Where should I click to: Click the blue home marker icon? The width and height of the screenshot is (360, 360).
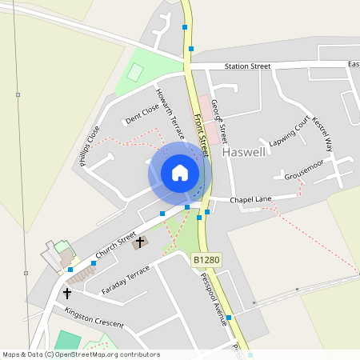click(x=180, y=173)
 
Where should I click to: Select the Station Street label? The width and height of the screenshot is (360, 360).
click(x=248, y=66)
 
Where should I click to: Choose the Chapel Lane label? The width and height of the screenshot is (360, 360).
click(x=253, y=199)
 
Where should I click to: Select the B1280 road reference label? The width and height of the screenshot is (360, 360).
click(x=206, y=260)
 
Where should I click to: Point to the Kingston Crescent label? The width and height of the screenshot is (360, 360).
click(x=94, y=318)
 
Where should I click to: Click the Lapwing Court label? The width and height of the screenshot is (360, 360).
click(x=289, y=129)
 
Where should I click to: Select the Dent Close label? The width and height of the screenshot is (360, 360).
click(x=142, y=115)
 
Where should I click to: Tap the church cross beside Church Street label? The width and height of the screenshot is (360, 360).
click(x=140, y=242)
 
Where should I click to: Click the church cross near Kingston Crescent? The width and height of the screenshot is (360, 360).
click(x=67, y=294)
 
